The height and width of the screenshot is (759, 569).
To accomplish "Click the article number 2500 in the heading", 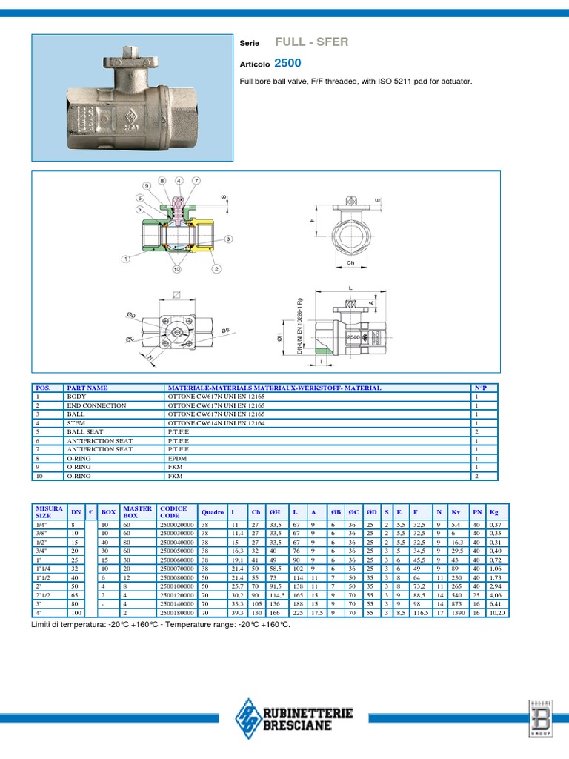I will [287, 64].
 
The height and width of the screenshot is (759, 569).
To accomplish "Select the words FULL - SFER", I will [311, 42].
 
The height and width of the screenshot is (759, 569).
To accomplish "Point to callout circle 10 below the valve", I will [177, 270].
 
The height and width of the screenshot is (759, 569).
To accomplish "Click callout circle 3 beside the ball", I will [229, 239].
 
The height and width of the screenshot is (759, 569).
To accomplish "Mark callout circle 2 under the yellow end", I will [216, 269].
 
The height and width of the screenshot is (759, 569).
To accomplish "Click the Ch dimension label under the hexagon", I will [351, 262].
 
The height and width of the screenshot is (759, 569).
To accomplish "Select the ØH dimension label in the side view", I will [279, 337].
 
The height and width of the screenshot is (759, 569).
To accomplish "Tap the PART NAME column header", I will [87, 388].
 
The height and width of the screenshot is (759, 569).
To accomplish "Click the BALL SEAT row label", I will [83, 431].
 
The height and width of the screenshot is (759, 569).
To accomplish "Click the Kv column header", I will [456, 511].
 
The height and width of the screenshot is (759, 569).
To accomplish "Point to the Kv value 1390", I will [458, 613].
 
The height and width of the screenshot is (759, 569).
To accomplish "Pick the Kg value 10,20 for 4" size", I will [497, 613].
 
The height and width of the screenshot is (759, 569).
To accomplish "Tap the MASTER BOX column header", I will [137, 511].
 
